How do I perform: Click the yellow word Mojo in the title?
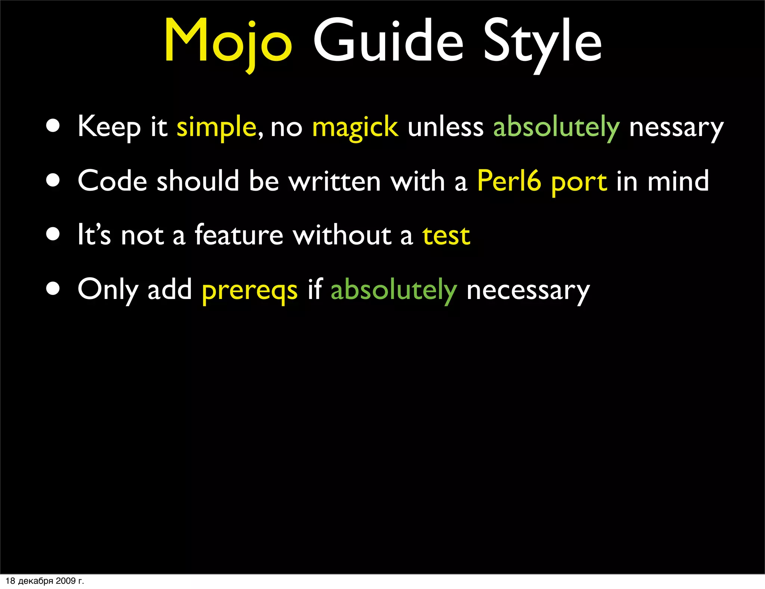228,41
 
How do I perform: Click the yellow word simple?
216,127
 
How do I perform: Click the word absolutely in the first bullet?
556,127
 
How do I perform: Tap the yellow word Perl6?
509,181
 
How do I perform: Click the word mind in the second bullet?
678,181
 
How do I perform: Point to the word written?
334,181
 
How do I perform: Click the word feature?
239,235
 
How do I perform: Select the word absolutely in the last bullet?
394,290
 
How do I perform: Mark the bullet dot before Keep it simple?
53,126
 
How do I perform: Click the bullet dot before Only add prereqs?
53,289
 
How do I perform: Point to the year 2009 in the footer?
66,581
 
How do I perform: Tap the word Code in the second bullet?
112,181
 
